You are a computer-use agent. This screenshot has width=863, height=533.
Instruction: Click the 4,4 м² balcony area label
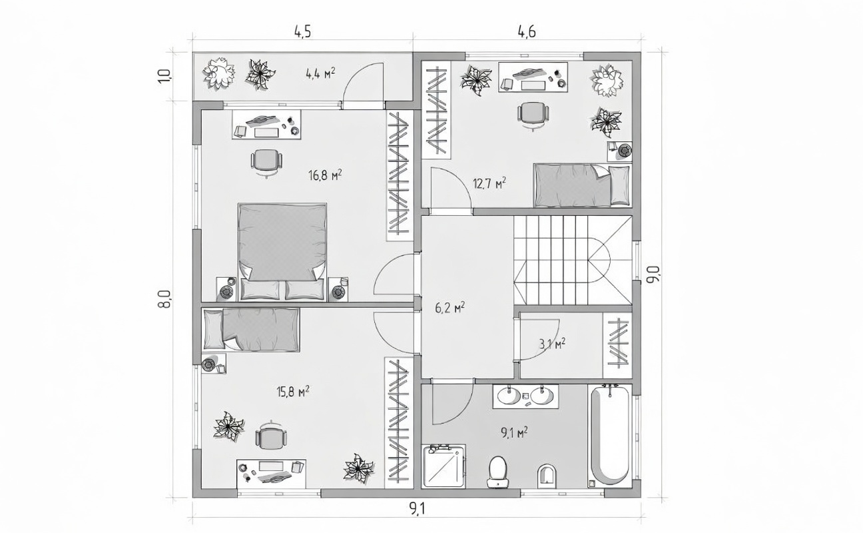(320, 73)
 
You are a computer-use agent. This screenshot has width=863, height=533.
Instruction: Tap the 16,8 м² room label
(325, 175)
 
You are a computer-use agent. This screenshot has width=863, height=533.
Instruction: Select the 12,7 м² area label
(489, 183)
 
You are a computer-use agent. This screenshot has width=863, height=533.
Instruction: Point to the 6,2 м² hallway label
(449, 308)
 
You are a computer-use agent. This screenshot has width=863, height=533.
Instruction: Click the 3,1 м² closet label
(552, 343)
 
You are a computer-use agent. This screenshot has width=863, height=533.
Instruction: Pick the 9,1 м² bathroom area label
(514, 433)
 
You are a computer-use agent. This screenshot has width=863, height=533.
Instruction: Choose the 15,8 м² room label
(293, 392)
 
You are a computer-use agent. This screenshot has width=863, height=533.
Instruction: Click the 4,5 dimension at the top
(302, 32)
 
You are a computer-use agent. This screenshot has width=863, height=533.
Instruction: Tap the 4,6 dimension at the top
(527, 32)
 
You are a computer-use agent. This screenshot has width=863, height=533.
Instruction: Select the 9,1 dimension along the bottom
(417, 510)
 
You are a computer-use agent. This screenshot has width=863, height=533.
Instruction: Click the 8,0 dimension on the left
(165, 299)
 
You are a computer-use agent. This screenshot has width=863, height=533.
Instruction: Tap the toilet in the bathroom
(498, 472)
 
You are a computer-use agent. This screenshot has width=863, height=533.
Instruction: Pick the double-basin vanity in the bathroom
(525, 396)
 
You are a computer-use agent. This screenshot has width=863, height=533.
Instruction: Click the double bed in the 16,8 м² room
(282, 252)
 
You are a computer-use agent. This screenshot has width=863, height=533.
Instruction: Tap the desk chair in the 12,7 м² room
(533, 115)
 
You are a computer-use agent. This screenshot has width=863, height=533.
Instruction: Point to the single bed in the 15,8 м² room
(251, 330)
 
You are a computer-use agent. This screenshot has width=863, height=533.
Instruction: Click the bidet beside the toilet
(547, 474)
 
